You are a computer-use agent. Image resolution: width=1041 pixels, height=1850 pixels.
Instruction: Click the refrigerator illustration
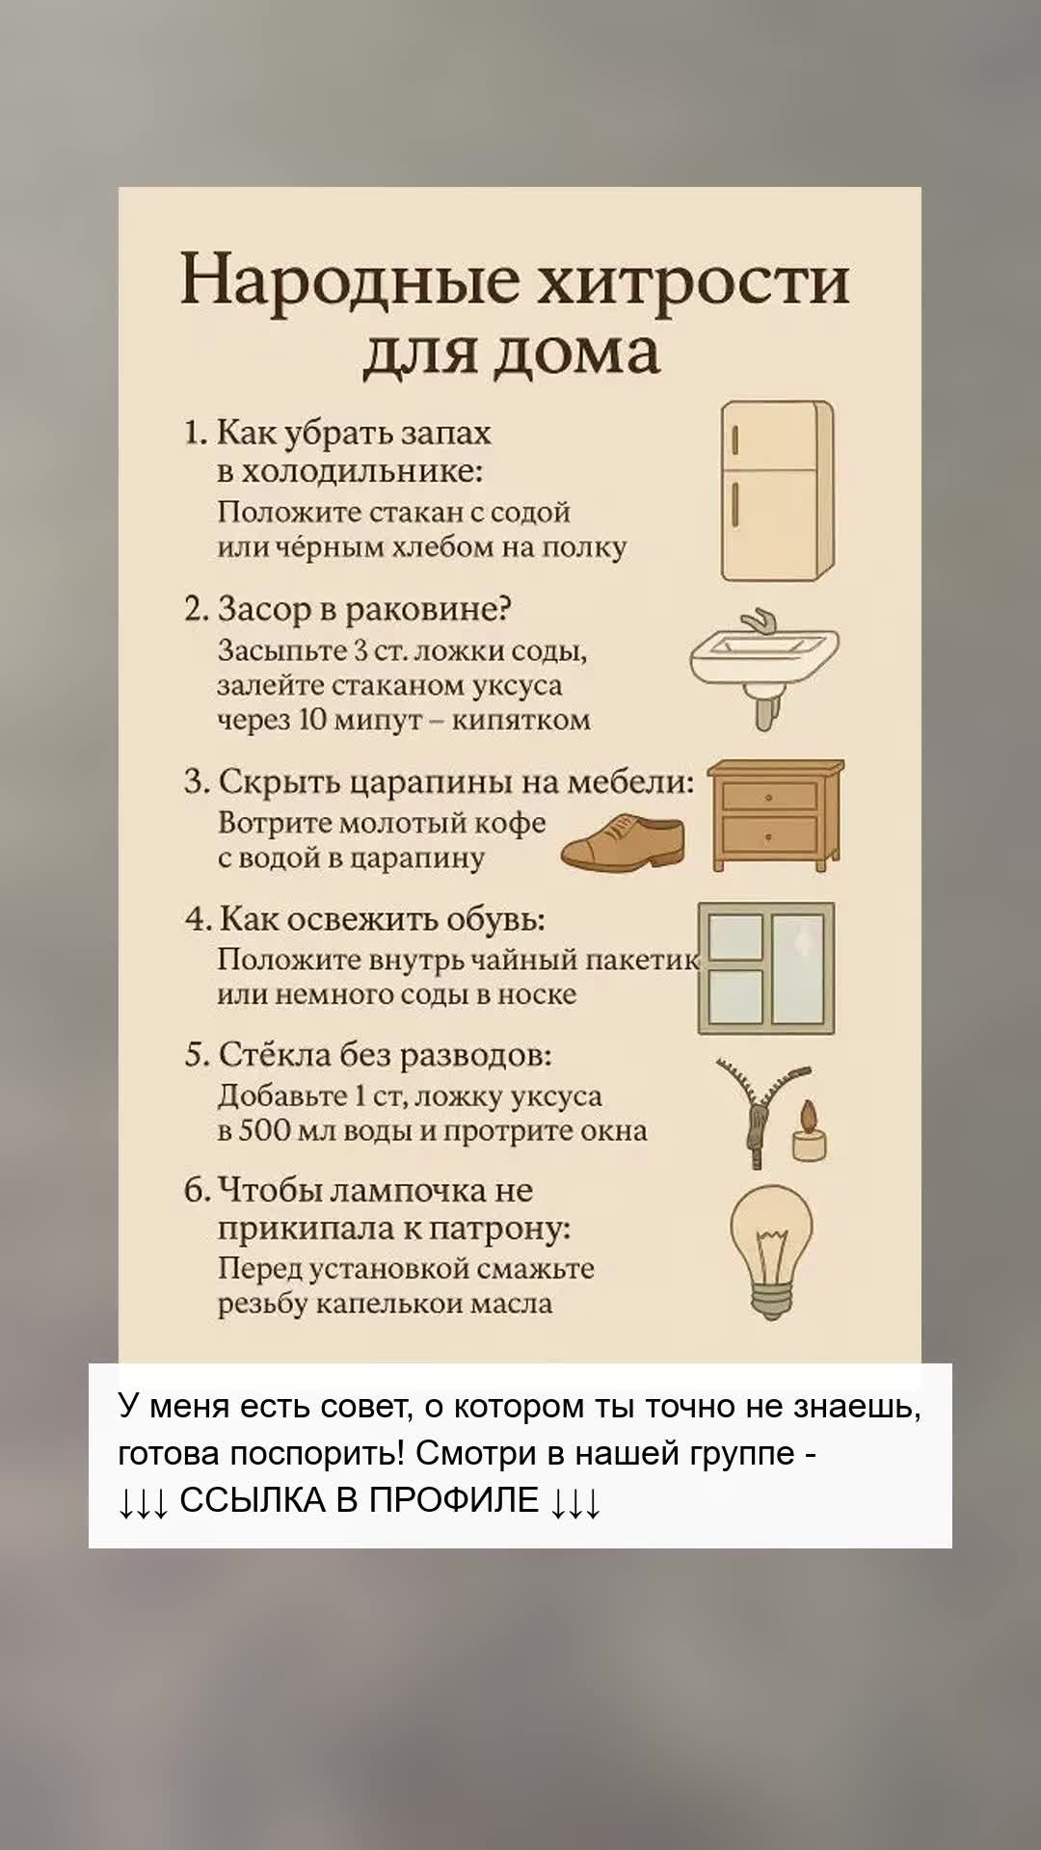tap(778, 491)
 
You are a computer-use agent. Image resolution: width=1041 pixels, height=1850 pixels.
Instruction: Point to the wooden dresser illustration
tap(776, 815)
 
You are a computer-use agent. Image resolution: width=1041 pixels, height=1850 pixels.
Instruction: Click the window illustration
tap(766, 967)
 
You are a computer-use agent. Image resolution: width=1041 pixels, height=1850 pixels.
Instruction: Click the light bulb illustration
tap(771, 1251)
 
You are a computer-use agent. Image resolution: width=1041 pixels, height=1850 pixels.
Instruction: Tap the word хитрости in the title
tap(693, 281)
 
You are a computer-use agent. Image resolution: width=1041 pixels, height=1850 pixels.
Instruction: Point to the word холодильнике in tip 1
tap(361, 471)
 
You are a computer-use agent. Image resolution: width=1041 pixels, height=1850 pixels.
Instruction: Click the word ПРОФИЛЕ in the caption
tap(454, 1500)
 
